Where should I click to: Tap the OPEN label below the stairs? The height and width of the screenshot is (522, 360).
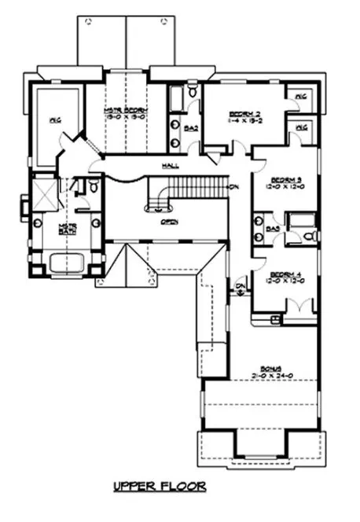pos(167,222)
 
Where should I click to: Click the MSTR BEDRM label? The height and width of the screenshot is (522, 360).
pos(126,111)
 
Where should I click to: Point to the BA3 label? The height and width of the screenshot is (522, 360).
pos(274,229)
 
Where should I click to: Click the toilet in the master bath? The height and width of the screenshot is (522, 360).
pos(93,188)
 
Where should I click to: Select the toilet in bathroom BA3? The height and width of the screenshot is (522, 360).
pos(308,235)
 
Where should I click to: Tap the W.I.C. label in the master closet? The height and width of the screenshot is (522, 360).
pos(55,121)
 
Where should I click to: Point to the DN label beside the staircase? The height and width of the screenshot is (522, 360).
pos(234,187)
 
